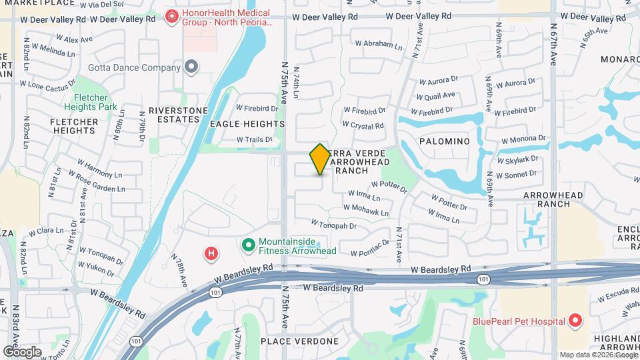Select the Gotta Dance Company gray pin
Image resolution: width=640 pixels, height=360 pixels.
[192, 67]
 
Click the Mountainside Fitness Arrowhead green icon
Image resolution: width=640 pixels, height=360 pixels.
[249, 245]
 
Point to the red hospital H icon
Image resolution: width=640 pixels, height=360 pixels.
[211, 253]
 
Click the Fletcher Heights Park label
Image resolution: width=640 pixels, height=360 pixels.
[91, 102]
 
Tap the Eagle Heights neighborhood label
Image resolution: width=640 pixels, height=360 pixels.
[247, 124]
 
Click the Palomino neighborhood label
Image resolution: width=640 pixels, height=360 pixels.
[445, 141]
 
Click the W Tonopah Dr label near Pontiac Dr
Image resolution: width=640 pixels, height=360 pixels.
[334, 226]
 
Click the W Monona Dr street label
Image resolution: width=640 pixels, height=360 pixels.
[523, 140]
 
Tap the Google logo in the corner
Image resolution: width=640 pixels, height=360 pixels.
[22, 351]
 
